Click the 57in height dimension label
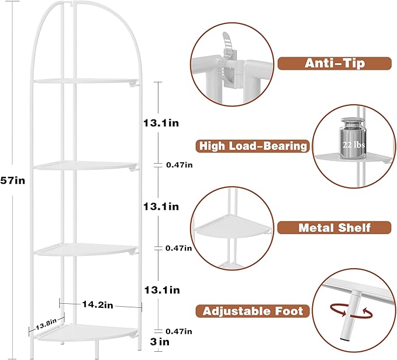[x=13, y=180]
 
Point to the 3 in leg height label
[x=160, y=342]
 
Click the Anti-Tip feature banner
[x=334, y=63]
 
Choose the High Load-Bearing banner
[x=253, y=146]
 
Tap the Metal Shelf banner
[x=334, y=227]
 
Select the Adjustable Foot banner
[x=253, y=311]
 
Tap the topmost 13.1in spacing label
[x=161, y=123]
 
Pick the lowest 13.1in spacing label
[x=162, y=290]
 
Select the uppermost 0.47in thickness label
[x=179, y=165]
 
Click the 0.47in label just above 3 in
[x=179, y=331]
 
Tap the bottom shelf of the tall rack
[x=86, y=331]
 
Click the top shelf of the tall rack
[x=86, y=81]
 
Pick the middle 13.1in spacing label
[x=161, y=207]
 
